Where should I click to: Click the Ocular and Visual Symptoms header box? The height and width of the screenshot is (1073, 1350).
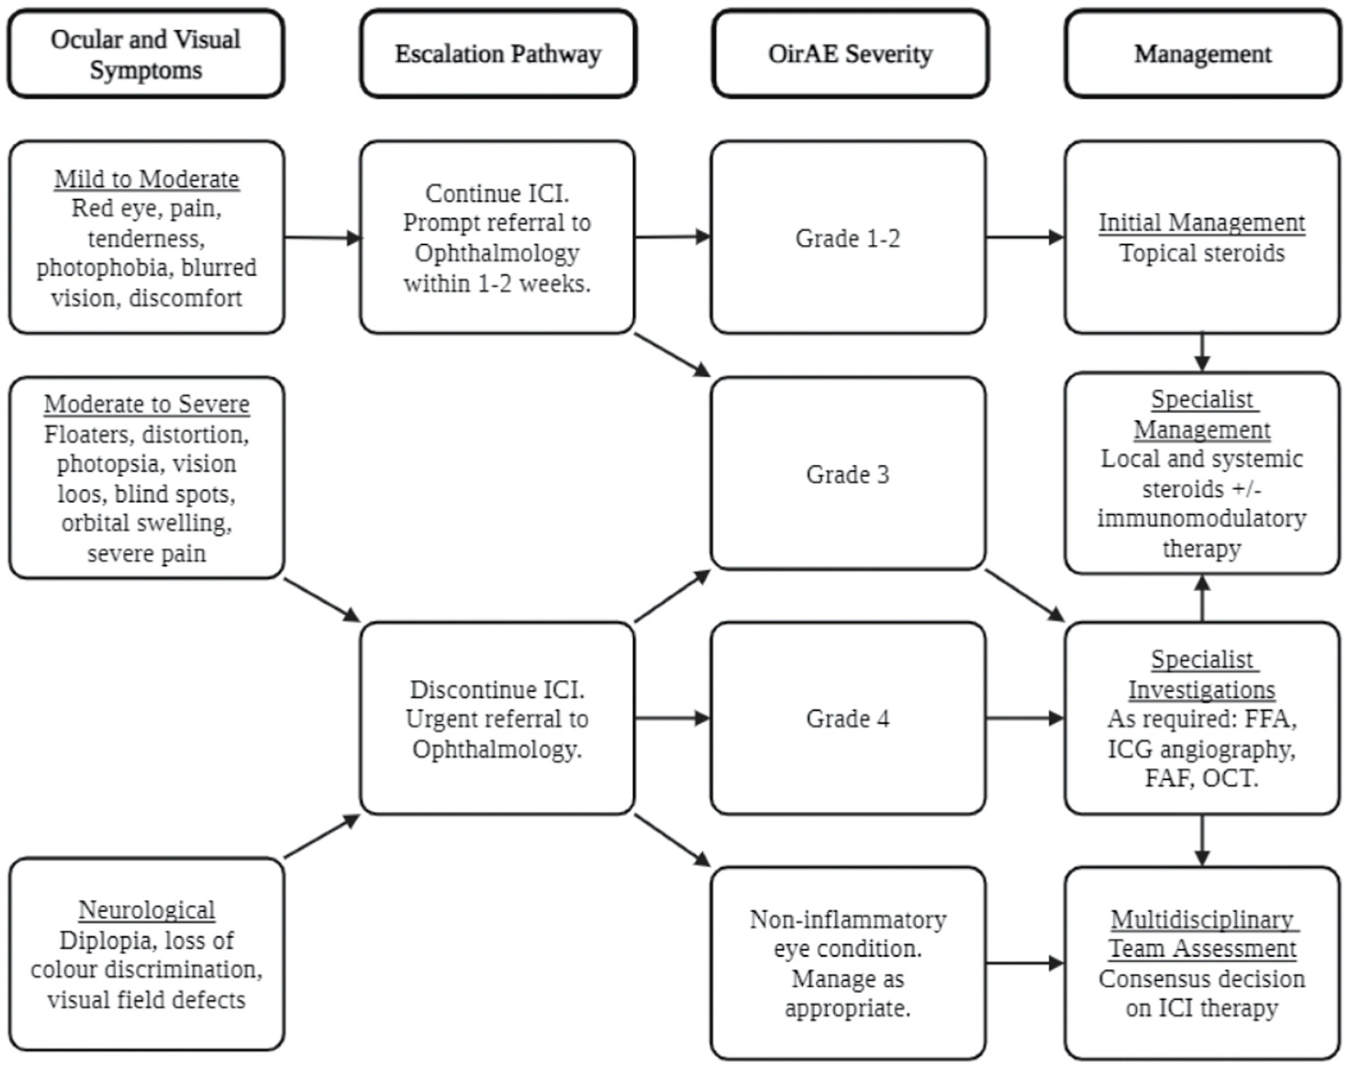(146, 54)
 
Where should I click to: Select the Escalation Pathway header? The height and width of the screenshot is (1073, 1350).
(498, 54)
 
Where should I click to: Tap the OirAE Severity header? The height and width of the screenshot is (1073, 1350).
(850, 54)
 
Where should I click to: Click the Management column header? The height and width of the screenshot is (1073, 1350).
(1202, 54)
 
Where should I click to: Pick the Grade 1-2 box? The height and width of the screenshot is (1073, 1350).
(848, 238)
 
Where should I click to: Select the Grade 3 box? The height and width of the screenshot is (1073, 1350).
(848, 474)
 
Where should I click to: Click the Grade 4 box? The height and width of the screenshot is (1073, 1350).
(848, 718)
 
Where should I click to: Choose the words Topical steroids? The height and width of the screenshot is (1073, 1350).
(1201, 253)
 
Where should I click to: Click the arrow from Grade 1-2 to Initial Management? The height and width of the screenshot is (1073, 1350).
(1024, 237)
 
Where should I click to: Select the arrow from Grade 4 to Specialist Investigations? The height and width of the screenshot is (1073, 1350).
(1024, 718)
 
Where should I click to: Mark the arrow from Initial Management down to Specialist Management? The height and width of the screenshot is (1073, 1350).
(1201, 352)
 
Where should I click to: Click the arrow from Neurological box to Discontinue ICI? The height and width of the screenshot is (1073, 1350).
(322, 836)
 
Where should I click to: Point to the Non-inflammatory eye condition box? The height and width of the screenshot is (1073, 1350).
(848, 963)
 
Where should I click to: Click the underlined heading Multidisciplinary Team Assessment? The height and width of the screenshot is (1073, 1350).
(1201, 933)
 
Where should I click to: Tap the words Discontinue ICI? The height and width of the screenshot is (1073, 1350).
(497, 689)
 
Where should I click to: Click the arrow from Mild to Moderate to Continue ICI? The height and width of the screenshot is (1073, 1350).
(322, 237)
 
